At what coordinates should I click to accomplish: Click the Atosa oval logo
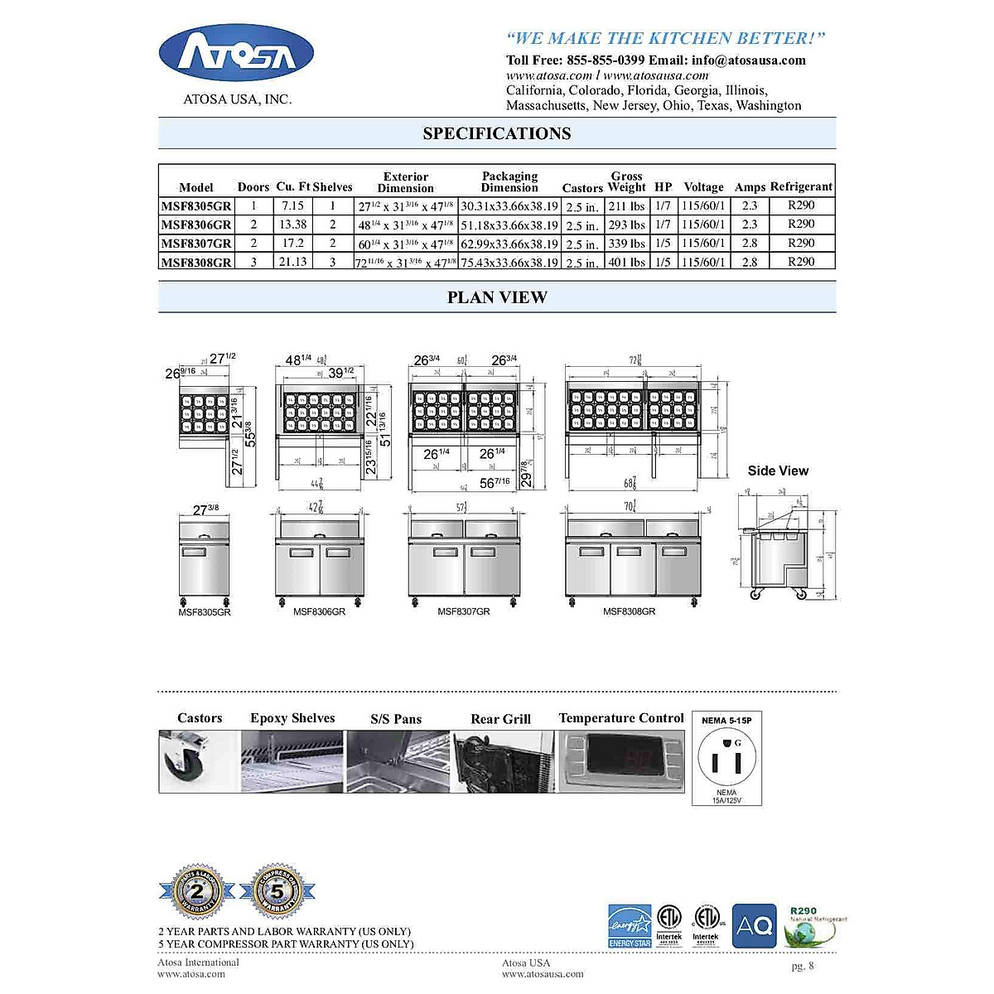(x=236, y=53)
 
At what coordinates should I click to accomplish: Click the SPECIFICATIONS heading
(x=497, y=133)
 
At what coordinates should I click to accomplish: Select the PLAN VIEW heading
(x=497, y=297)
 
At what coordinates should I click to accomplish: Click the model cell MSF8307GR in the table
(x=196, y=244)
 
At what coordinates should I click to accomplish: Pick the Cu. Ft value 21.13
(x=292, y=262)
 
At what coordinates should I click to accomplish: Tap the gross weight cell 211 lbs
(x=626, y=206)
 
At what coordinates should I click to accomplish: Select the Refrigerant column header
(x=800, y=186)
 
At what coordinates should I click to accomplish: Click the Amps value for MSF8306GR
(x=749, y=224)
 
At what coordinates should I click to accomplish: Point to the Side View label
(x=778, y=470)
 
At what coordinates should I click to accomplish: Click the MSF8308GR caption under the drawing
(x=629, y=611)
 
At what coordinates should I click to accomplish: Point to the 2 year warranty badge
(x=197, y=893)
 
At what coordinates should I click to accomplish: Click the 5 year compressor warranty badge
(x=277, y=893)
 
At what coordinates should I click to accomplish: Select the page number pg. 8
(x=803, y=966)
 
